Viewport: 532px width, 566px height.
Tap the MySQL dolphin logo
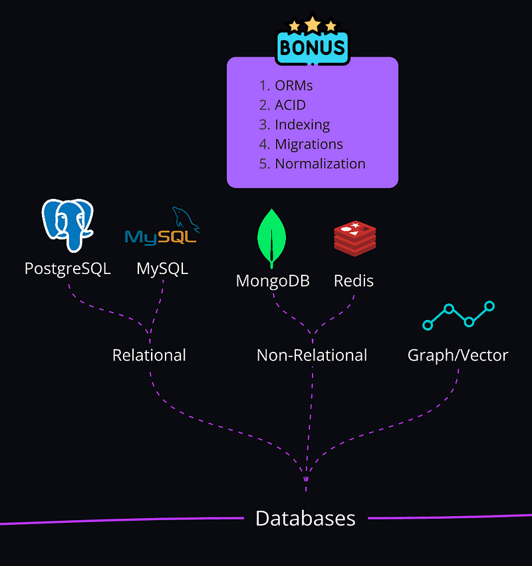tap(162, 229)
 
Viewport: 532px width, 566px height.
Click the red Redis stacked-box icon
tap(354, 239)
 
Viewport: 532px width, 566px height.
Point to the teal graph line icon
tap(459, 316)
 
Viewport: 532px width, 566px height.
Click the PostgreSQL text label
tap(67, 269)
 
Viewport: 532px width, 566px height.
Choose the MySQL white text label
tap(162, 269)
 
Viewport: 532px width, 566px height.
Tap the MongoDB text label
tap(273, 281)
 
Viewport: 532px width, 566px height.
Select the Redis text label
tap(354, 281)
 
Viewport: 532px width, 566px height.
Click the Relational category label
tap(149, 355)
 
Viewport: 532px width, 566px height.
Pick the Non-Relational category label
tap(312, 355)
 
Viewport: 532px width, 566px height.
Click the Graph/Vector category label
tap(458, 355)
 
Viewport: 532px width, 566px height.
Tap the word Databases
tap(305, 518)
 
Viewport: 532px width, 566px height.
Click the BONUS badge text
tap(313, 48)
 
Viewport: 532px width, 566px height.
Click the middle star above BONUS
tap(313, 25)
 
